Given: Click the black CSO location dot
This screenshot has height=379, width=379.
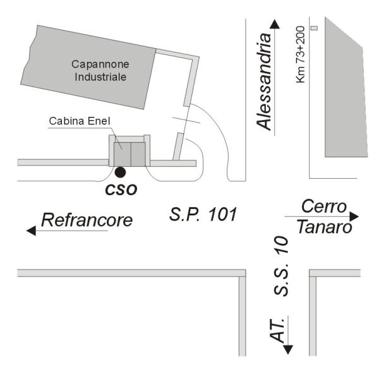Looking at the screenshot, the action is [x=120, y=172].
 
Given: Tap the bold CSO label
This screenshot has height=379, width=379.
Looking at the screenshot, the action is [x=121, y=190].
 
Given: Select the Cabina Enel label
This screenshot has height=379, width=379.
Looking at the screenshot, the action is [x=80, y=121].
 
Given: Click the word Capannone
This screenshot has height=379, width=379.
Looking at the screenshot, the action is [x=100, y=64].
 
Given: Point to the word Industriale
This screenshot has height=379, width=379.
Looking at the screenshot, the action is [x=100, y=77].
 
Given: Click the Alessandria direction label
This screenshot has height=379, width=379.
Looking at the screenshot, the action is [x=264, y=81].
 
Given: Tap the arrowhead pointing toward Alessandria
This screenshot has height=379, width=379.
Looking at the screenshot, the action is [x=275, y=24].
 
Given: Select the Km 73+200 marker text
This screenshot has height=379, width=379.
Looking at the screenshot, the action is [x=300, y=54].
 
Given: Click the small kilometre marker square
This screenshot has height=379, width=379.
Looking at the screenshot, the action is [x=314, y=28].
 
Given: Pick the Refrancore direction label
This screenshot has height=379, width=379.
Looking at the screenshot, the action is [x=87, y=220].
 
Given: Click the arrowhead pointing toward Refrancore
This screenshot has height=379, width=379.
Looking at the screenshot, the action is [x=31, y=231].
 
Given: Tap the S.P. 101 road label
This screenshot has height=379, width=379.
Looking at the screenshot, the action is [x=203, y=214].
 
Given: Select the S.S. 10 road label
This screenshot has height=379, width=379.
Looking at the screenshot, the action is [x=281, y=266].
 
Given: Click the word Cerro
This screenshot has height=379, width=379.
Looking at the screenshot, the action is [x=324, y=207].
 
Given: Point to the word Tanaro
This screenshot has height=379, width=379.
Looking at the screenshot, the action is [x=325, y=227].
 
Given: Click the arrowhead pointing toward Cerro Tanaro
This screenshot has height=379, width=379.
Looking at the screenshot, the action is [x=354, y=216].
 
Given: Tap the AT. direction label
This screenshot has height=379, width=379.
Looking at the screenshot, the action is [x=277, y=330].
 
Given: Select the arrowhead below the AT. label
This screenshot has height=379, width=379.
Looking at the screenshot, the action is [x=288, y=350].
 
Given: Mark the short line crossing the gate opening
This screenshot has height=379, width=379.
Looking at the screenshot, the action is [x=186, y=120].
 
